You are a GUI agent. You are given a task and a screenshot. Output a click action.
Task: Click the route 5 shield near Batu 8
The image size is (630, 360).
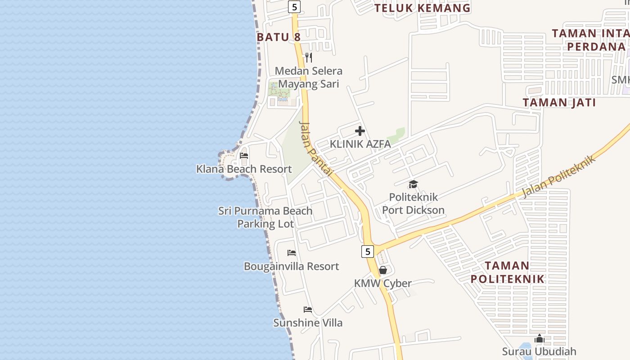[x=294, y=7]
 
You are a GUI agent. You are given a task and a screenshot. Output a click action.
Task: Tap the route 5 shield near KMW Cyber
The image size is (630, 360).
[x=368, y=252]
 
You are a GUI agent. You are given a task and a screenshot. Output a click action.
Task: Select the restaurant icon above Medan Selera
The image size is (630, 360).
[x=309, y=58]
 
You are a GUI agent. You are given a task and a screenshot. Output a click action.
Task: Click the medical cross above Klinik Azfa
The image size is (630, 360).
[x=360, y=131]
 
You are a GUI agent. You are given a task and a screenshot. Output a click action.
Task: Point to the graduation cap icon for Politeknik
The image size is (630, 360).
[x=413, y=184]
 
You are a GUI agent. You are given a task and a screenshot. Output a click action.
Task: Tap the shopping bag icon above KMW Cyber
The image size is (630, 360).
[x=382, y=270]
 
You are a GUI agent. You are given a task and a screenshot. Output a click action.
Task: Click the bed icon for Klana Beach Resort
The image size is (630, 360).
[x=244, y=156]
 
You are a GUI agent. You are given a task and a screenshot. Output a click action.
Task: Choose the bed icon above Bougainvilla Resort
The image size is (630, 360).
[x=292, y=253]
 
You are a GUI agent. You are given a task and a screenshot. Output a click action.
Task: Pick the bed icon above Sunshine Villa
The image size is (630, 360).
[x=308, y=310]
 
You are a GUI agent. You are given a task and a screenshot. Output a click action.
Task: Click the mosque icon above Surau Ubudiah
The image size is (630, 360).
[x=539, y=338]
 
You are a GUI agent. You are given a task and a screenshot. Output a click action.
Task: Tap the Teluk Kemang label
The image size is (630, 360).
[x=422, y=8]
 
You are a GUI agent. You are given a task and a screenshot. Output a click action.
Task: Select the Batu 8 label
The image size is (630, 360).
[x=279, y=37]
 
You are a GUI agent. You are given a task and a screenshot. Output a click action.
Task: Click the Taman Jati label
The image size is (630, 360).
[x=559, y=103]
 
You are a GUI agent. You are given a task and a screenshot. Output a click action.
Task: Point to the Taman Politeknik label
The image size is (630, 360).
[x=507, y=272]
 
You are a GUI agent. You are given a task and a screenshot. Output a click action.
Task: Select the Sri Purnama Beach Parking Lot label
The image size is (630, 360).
[x=265, y=217]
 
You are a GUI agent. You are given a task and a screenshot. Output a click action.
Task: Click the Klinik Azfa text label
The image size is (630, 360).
[x=360, y=144]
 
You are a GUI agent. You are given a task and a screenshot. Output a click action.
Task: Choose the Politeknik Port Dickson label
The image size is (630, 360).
[x=413, y=203]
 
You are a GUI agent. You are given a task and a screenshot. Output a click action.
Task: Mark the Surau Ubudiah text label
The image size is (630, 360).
[x=539, y=351]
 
